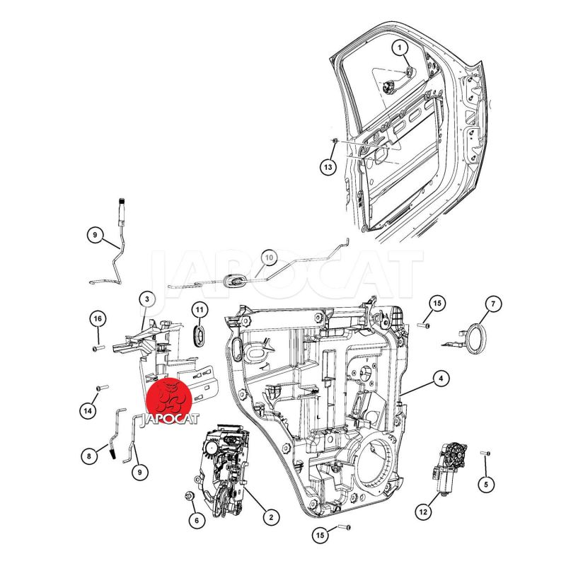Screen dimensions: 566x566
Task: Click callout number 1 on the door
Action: click(400, 47)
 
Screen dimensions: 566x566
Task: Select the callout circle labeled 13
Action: click(328, 167)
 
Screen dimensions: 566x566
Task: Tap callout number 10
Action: click(269, 258)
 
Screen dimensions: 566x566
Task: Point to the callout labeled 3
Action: click(147, 299)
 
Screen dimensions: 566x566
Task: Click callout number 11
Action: click(200, 310)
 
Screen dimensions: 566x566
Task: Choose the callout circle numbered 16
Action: click(98, 319)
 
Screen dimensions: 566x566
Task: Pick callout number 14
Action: click(88, 410)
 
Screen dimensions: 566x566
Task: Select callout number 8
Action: click(89, 456)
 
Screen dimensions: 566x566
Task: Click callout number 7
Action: click(493, 304)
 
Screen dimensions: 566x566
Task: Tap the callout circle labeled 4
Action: click(440, 379)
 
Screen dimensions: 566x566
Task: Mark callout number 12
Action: click(423, 512)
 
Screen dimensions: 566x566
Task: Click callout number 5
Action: click(486, 484)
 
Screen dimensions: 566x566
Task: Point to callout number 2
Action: click(271, 517)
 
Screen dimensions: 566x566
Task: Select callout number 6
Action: click(197, 520)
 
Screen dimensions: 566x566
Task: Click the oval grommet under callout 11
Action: click(199, 335)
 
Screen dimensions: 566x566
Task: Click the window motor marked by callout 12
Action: click(449, 467)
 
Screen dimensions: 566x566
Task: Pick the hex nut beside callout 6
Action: click(189, 497)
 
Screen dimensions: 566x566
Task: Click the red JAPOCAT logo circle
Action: click(169, 401)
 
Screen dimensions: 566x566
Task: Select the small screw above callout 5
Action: click(485, 453)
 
